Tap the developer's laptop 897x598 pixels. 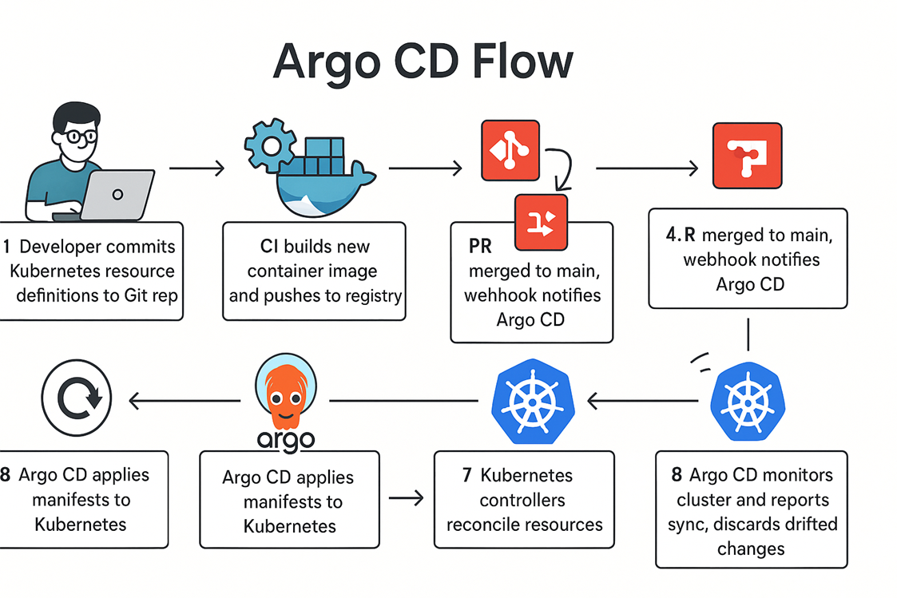click(117, 195)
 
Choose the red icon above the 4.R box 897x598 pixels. click(747, 155)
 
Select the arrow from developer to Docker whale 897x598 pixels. click(196, 168)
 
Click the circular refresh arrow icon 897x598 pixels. click(76, 398)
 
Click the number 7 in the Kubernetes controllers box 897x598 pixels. click(466, 476)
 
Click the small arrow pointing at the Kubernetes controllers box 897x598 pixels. click(406, 498)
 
